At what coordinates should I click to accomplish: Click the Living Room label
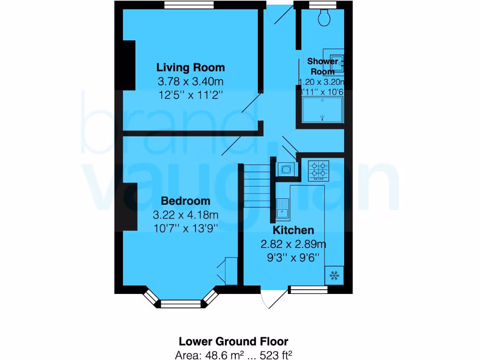(190, 67)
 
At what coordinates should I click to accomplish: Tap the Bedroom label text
(186, 201)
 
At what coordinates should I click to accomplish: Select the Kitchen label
(293, 230)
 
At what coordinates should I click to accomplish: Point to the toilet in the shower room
(323, 18)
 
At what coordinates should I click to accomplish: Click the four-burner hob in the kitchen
(318, 171)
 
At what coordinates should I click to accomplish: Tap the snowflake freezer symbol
(335, 275)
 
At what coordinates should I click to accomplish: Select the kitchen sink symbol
(283, 209)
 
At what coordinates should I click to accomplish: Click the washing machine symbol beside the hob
(286, 168)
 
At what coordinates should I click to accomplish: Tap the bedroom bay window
(180, 302)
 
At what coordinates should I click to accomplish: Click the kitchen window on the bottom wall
(308, 290)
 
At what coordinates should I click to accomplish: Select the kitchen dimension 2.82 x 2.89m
(293, 244)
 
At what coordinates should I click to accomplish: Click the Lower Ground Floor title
(234, 341)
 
